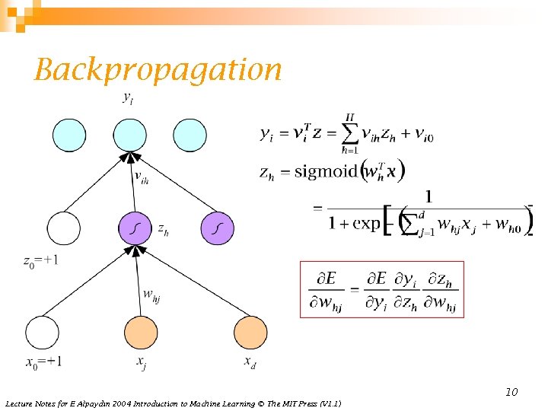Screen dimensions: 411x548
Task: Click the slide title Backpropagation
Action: pyautogui.click(x=158, y=70)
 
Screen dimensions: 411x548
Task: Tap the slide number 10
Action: pyautogui.click(x=511, y=392)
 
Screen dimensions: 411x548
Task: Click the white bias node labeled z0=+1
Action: pyautogui.click(x=63, y=228)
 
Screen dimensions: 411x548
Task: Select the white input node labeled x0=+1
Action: pyautogui.click(x=42, y=332)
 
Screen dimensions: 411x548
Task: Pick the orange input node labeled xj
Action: pyautogui.click(x=141, y=332)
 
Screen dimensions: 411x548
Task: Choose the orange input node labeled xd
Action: pyautogui.click(x=250, y=332)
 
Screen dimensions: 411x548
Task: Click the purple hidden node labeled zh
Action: pyautogui.click(x=135, y=228)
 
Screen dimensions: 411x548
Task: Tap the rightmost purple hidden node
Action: pyautogui.click(x=218, y=228)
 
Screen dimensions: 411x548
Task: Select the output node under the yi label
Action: pyautogui.click(x=129, y=135)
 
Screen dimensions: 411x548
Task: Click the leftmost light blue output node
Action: pyautogui.click(x=69, y=135)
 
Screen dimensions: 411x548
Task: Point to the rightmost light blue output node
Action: pyautogui.click(x=190, y=135)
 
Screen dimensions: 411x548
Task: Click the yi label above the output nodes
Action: pyautogui.click(x=128, y=98)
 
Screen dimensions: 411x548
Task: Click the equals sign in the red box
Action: pyautogui.click(x=355, y=289)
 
